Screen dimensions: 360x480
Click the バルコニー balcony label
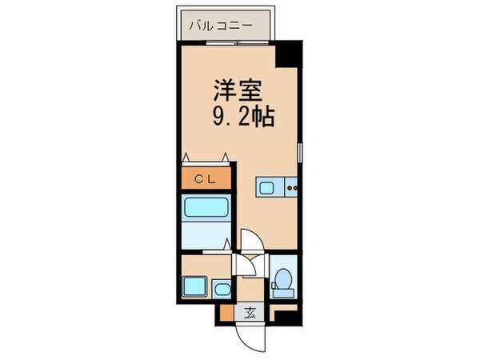[x=221, y=26]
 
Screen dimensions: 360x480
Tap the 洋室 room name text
[x=238, y=88]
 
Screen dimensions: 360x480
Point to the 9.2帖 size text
[x=243, y=118]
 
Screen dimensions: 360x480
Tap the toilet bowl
[x=282, y=281]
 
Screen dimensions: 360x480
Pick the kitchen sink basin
[x=267, y=189]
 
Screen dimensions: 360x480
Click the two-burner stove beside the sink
[x=291, y=189]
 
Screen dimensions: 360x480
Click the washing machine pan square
[x=194, y=286]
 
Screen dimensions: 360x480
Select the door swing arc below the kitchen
[x=250, y=241]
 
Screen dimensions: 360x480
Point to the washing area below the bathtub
[x=204, y=238]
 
